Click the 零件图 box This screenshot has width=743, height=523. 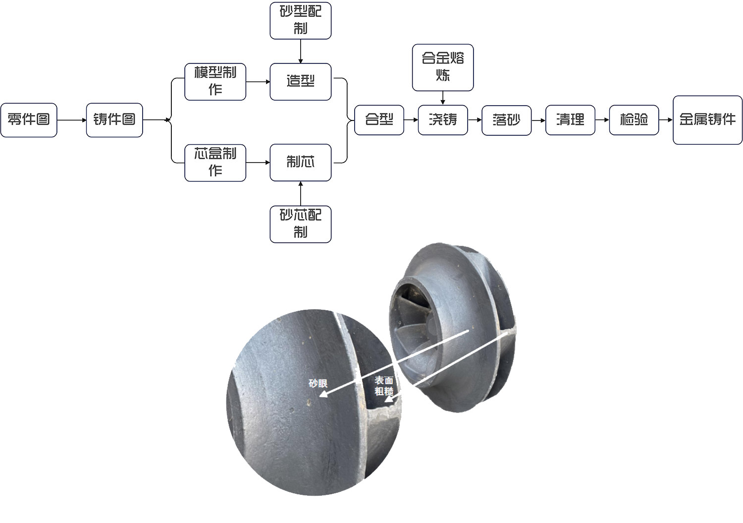(x=29, y=120)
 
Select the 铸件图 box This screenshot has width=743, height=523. (x=114, y=120)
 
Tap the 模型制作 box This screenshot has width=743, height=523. (x=215, y=82)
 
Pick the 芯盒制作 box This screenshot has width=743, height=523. (x=215, y=163)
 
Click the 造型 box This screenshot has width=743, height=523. (x=300, y=82)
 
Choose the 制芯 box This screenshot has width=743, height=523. (x=300, y=163)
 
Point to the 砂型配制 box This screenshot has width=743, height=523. (x=300, y=21)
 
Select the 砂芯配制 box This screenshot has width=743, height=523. (x=300, y=224)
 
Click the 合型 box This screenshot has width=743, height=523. (x=379, y=120)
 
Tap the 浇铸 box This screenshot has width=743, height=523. (x=443, y=120)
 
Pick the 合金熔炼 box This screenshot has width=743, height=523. (x=443, y=67)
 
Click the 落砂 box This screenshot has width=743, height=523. (x=506, y=120)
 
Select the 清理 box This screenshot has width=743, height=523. (x=570, y=120)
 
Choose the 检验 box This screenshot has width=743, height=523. (x=634, y=120)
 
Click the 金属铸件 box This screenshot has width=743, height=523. (x=707, y=120)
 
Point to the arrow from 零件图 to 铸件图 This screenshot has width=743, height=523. (x=72, y=120)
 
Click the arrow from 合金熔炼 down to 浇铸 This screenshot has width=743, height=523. (x=443, y=98)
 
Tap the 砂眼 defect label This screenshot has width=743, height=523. (x=318, y=383)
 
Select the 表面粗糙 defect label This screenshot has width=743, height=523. (x=384, y=386)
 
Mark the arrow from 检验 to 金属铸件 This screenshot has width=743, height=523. (x=666, y=120)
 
